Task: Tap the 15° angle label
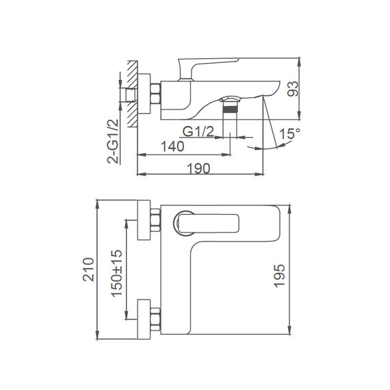pyautogui.click(x=289, y=136)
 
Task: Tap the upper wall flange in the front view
pyautogui.click(x=144, y=221)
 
